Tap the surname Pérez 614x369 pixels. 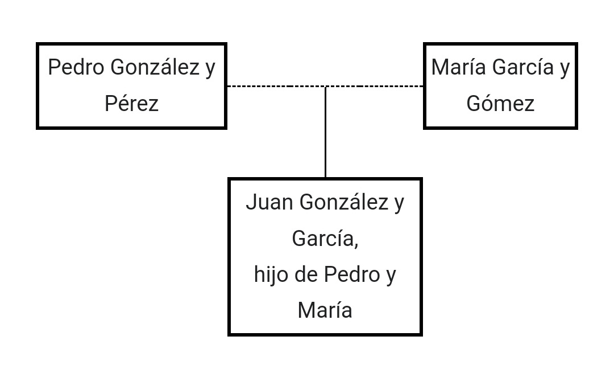131,103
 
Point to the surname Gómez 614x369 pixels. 500,103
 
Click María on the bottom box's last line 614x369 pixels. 325,310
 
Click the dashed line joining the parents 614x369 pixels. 325,86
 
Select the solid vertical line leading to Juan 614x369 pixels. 325,132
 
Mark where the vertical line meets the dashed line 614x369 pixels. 325,86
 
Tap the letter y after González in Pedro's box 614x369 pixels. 211,69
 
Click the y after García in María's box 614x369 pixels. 565,69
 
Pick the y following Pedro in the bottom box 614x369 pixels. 391,276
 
